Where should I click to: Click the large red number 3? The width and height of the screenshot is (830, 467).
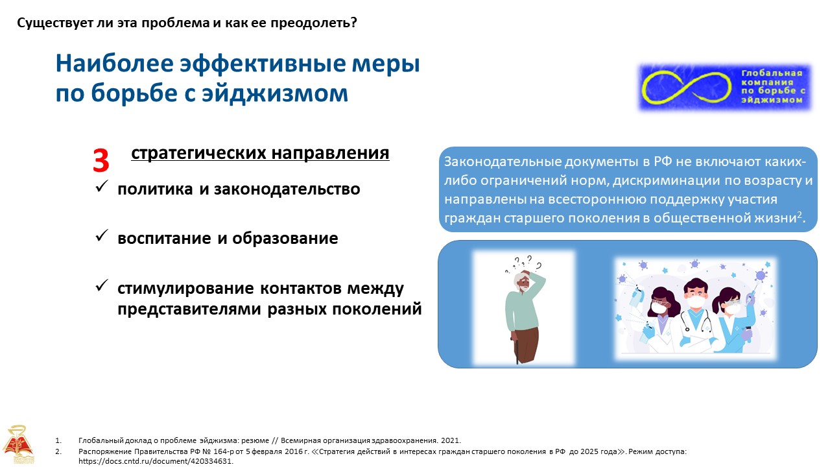(101, 161)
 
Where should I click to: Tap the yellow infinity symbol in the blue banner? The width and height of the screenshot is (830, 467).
(686, 87)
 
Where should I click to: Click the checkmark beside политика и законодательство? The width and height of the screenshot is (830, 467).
(102, 186)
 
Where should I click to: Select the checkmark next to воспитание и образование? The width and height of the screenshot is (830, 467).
(102, 235)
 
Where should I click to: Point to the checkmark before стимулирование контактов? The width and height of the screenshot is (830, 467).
(102, 285)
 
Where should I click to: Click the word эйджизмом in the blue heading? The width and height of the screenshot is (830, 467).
(275, 93)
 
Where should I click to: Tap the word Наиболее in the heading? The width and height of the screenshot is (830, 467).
(115, 64)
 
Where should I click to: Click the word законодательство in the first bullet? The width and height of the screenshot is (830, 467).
(287, 189)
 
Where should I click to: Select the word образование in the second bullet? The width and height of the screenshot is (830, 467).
(285, 238)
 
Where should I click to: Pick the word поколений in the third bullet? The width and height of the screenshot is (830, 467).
(377, 309)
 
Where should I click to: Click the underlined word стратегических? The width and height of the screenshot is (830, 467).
(198, 153)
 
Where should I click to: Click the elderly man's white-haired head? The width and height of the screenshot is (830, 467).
(523, 282)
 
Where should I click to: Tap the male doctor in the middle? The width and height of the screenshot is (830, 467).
(696, 315)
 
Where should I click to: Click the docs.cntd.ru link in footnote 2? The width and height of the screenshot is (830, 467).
(156, 461)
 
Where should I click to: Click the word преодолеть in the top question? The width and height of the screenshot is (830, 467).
(313, 23)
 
